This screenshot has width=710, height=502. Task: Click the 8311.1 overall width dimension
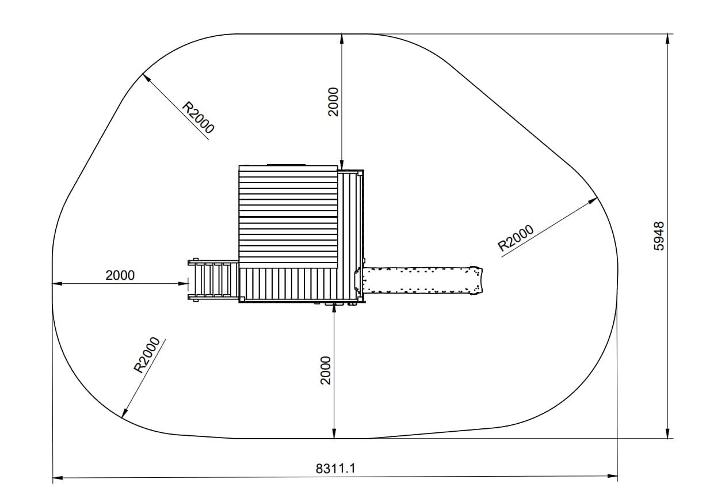pyautogui.click(x=335, y=468)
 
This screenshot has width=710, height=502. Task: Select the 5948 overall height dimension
pyautogui.click(x=659, y=236)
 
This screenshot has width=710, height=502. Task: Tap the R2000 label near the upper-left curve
pyautogui.click(x=198, y=117)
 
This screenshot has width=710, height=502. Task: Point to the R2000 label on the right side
pyautogui.click(x=516, y=238)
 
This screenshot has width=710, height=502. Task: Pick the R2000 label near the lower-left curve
pyautogui.click(x=147, y=355)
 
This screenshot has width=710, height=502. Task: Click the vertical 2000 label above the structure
pyautogui.click(x=334, y=102)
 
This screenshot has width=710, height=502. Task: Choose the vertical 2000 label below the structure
pyautogui.click(x=326, y=370)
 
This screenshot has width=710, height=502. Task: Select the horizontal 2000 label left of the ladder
pyautogui.click(x=120, y=275)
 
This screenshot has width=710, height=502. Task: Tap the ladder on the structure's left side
pyautogui.click(x=213, y=280)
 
